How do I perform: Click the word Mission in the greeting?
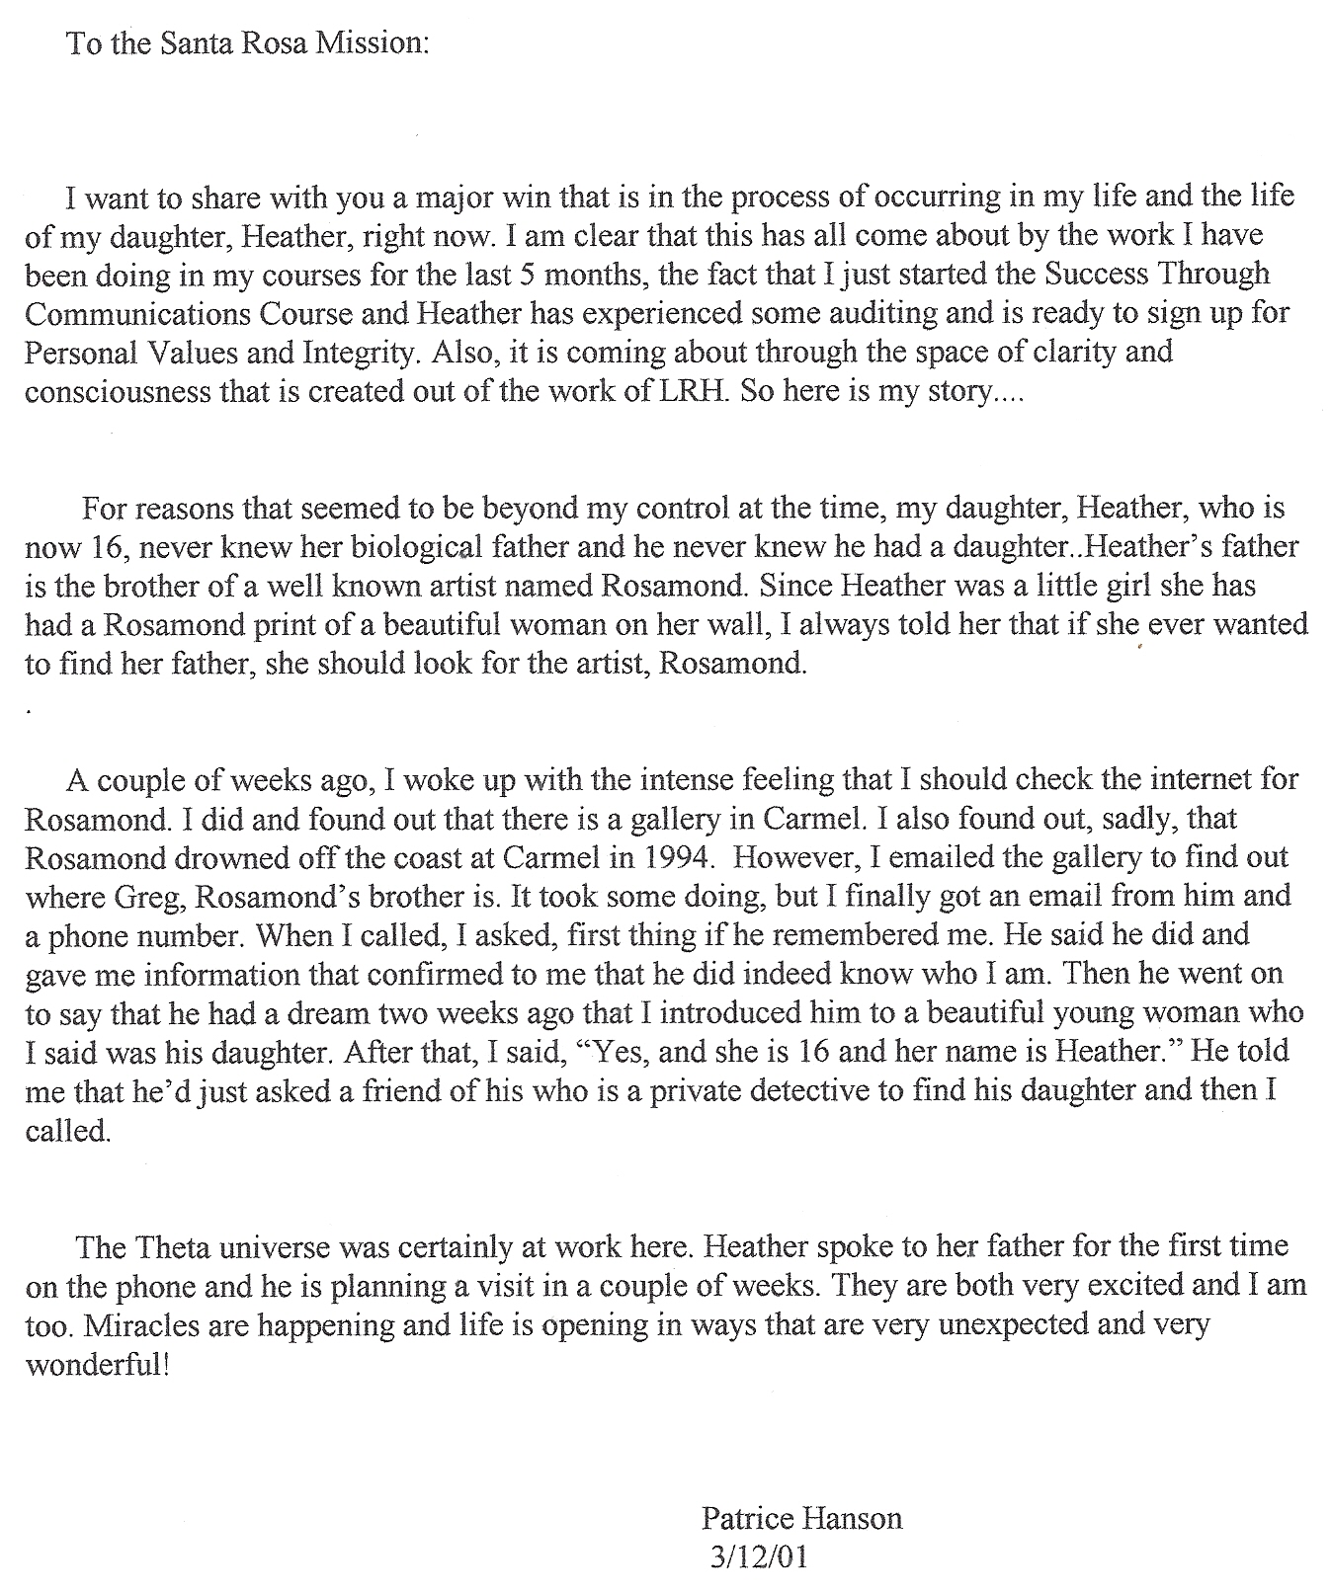372,44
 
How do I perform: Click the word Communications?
137,314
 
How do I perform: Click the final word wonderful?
97,1366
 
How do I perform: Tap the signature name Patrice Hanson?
801,1518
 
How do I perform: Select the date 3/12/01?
758,1557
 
